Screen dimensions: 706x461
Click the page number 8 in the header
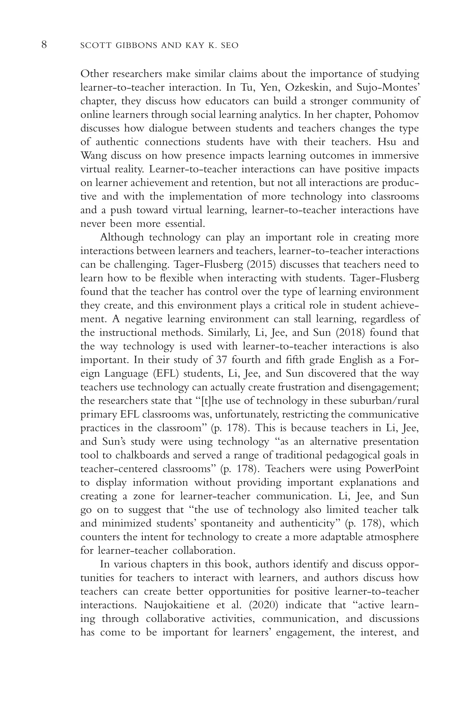coord(44,45)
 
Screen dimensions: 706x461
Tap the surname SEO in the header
coord(229,45)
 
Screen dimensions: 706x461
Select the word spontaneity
coord(227,523)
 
